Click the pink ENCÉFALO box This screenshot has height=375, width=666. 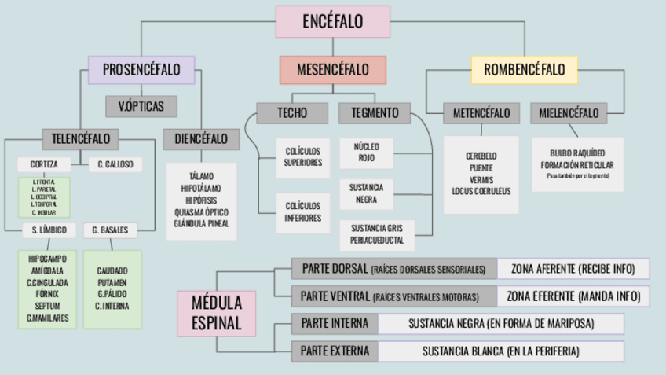[x=333, y=21]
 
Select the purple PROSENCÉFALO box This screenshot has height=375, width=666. [x=141, y=69]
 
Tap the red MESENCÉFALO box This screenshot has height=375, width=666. [x=333, y=70]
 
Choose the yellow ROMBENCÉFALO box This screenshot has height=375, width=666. [x=524, y=70]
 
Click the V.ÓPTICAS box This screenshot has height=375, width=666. [x=141, y=106]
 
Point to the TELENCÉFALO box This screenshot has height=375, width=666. [x=80, y=139]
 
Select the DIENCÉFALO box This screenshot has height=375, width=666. [x=200, y=139]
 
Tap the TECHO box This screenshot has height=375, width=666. [x=291, y=112]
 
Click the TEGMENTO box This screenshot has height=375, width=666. [x=375, y=112]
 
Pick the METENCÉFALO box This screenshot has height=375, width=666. [x=481, y=113]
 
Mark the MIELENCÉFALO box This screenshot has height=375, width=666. [x=569, y=113]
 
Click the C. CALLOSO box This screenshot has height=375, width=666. [x=115, y=165]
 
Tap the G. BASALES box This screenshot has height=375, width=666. [x=111, y=230]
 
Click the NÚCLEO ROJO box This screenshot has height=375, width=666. [x=366, y=153]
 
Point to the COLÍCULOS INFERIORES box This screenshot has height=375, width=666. [x=302, y=212]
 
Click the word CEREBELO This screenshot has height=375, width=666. [x=481, y=156]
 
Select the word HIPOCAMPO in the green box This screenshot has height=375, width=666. [x=47, y=258]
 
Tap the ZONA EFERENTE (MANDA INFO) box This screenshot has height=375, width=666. [x=573, y=296]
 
